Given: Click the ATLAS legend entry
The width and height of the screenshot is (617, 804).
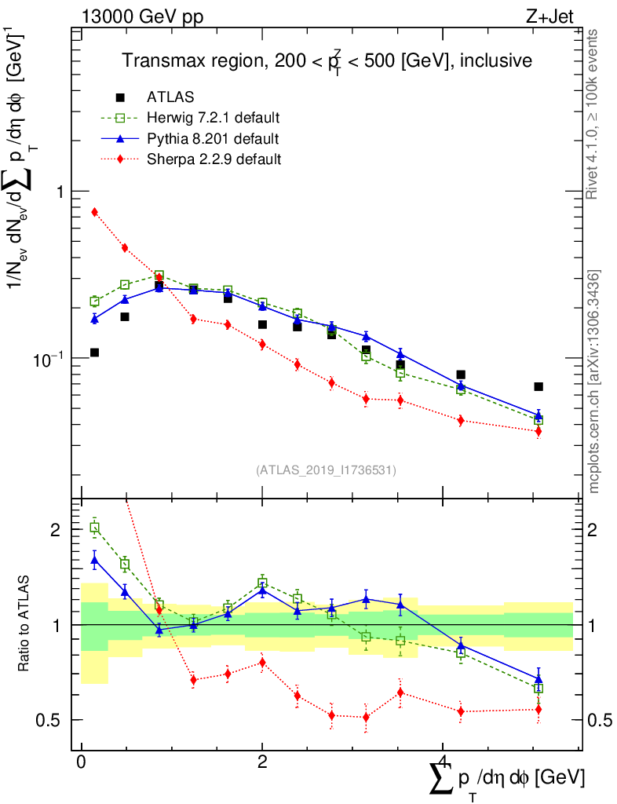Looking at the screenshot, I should (x=170, y=97).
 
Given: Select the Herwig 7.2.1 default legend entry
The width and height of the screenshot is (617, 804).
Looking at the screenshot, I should (x=213, y=119).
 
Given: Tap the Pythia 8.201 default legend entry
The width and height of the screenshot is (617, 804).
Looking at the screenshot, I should (x=212, y=139).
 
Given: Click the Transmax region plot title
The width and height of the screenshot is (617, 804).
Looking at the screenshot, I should (x=326, y=60).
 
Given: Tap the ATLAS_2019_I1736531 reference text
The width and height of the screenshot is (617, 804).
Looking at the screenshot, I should (x=326, y=470).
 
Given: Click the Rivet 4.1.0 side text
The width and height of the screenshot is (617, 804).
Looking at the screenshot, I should (x=594, y=114).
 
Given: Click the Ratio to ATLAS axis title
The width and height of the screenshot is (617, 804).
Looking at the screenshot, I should (x=25, y=624).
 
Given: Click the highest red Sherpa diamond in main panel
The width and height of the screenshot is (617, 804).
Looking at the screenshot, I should (x=94, y=212).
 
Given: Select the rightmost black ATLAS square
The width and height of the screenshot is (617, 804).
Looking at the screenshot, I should (x=539, y=386).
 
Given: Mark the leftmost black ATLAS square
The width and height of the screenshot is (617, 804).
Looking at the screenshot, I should (x=94, y=353).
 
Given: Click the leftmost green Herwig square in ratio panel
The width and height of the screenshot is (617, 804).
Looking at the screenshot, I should (x=94, y=528).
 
